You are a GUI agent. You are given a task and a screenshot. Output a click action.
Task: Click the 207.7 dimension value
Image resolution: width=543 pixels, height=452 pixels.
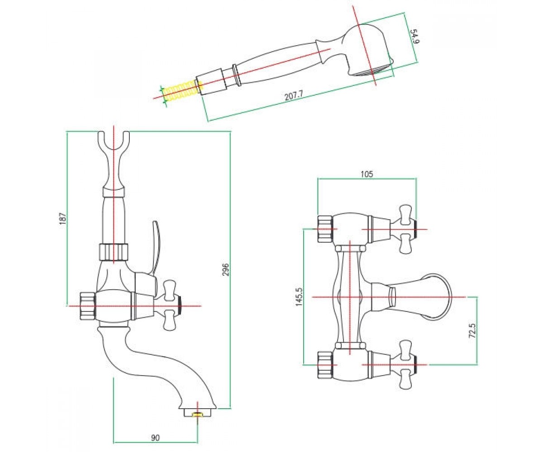294,95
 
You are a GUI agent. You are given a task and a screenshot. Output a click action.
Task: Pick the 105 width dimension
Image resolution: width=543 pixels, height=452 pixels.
367,174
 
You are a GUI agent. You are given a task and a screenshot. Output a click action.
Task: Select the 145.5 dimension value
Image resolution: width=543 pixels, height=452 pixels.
299,297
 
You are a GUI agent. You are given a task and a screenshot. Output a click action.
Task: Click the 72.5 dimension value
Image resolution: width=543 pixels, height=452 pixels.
472,330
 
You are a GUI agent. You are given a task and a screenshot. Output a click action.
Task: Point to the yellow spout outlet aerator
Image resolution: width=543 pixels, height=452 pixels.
198,414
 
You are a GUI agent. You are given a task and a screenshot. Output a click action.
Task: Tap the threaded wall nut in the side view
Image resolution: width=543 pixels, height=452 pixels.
87,306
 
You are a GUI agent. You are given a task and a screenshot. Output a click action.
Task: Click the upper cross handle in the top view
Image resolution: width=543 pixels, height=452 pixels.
405,229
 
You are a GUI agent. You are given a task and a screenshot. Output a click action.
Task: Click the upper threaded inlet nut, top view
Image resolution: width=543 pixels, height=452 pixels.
325,229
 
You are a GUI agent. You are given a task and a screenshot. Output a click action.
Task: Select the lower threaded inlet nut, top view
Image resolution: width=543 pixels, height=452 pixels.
325,365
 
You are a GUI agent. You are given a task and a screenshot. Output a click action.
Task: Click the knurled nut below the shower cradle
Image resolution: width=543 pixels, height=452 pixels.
114,252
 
